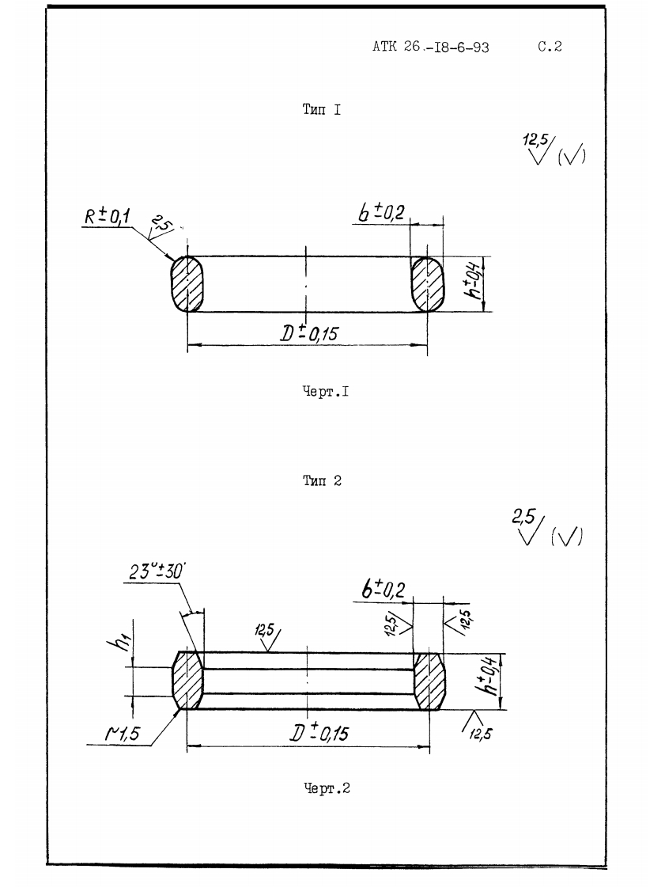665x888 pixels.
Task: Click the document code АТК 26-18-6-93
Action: pyautogui.click(x=430, y=47)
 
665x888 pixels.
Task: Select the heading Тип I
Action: pyautogui.click(x=322, y=111)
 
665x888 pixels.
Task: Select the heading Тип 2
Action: pyautogui.click(x=322, y=481)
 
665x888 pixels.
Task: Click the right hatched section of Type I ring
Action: pyautogui.click(x=427, y=284)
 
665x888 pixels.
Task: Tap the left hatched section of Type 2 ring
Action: pyautogui.click(x=188, y=681)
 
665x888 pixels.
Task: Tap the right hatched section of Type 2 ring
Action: pyautogui.click(x=429, y=681)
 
